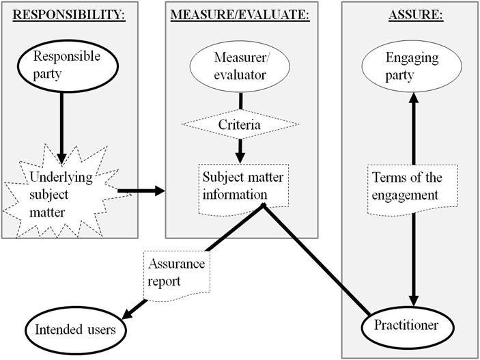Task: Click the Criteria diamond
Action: point(239,124)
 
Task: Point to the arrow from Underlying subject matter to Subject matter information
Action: point(141,191)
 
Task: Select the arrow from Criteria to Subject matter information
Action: point(240,149)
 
